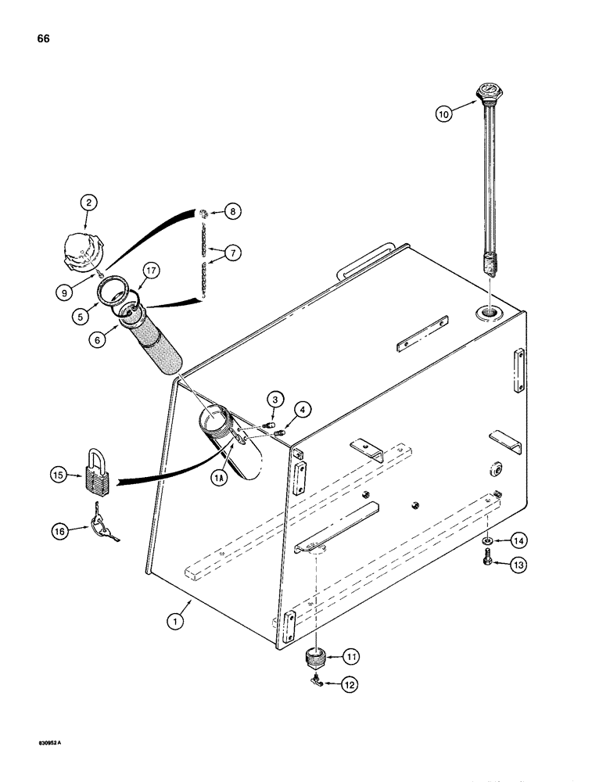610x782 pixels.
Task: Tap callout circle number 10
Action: (444, 113)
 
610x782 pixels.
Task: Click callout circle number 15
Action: (58, 474)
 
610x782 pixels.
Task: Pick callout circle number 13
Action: (517, 565)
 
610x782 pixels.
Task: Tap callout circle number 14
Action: (517, 540)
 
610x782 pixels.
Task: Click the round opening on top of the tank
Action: (491, 314)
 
